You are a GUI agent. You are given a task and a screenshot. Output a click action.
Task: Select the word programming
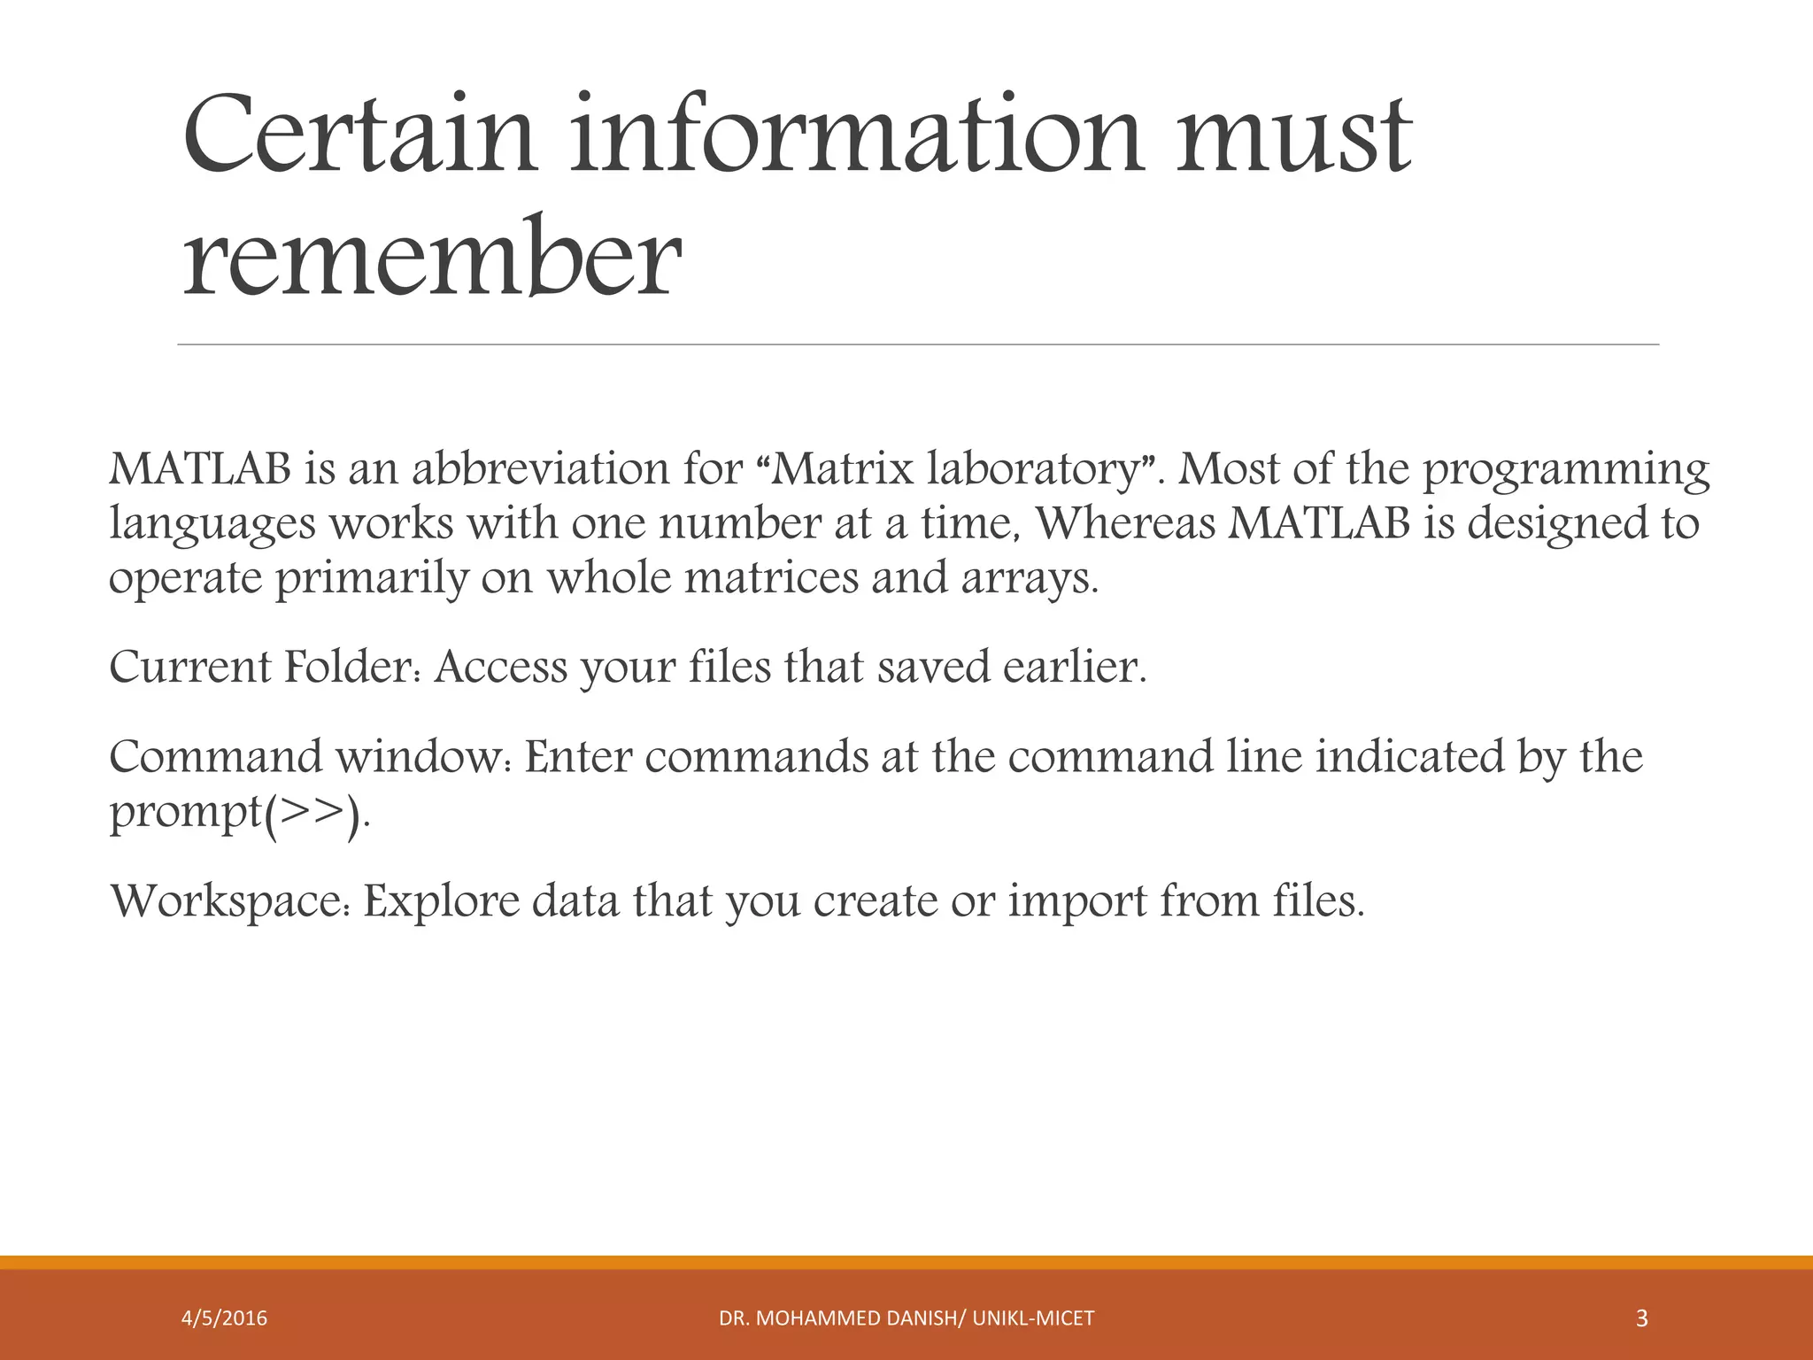[x=1566, y=470]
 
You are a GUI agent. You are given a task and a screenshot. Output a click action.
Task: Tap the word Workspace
[x=233, y=902]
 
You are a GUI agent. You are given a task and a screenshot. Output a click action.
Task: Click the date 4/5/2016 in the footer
[x=224, y=1318]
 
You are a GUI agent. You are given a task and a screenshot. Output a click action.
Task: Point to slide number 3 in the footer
[x=1641, y=1318]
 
